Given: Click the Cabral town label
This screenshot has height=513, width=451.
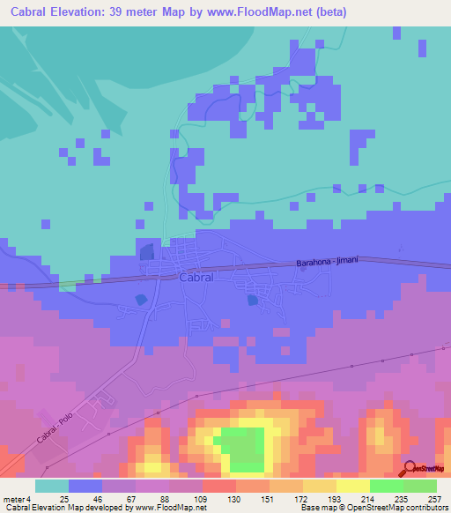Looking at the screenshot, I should click(196, 277).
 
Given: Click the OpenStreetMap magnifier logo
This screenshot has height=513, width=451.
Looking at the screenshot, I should click(411, 470).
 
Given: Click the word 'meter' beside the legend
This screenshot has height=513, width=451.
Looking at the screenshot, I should click(13, 498).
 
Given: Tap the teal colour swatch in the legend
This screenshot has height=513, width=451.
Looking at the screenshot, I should click(52, 486).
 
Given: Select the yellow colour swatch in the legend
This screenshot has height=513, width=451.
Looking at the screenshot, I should click(352, 486).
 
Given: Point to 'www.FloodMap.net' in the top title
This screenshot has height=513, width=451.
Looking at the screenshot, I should click(262, 12).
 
